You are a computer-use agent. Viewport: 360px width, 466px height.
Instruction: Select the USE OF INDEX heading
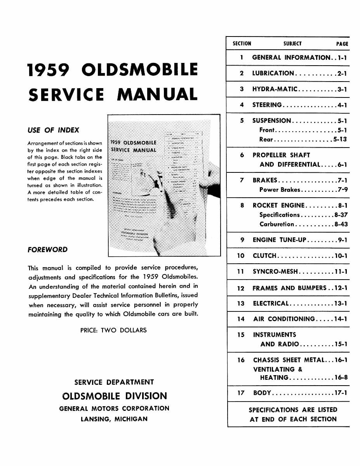tap(53, 130)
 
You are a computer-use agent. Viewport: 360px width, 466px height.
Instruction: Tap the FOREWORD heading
tap(47, 250)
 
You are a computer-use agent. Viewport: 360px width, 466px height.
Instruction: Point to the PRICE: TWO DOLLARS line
tap(113, 330)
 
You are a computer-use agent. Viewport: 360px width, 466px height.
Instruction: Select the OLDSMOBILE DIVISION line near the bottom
tap(115, 396)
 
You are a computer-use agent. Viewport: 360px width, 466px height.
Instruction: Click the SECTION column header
tap(242, 44)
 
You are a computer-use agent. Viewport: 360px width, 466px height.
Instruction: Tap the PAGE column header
tap(342, 44)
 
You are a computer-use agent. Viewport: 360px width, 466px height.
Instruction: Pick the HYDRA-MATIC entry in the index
tap(275, 89)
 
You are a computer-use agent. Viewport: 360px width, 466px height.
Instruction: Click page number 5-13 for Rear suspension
tap(340, 139)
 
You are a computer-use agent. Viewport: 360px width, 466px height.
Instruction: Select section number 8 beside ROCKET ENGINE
tap(242, 205)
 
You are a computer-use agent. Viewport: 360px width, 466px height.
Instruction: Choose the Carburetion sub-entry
tap(277, 224)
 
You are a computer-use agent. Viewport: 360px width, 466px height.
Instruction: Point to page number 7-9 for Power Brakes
tap(342, 190)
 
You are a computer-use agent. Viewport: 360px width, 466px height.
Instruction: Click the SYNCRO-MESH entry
tap(275, 271)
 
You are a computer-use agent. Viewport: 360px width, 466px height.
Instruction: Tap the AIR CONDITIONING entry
tap(284, 319)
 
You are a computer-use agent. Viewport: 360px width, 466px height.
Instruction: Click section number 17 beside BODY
tap(241, 393)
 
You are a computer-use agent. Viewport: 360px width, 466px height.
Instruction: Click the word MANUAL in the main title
tap(157, 95)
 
